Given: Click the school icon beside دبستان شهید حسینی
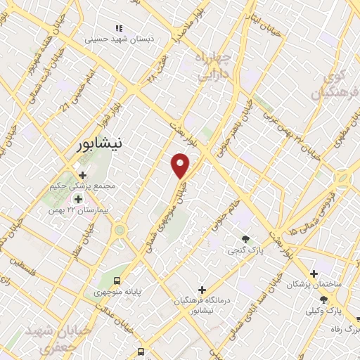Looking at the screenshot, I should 120,28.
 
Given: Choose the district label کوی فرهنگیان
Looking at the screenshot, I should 337,84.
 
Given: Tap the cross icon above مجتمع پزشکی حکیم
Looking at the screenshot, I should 82,174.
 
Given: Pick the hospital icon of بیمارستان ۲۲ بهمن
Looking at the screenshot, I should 78,199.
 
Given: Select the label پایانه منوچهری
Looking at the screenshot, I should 117,290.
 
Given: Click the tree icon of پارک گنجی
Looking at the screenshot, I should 245,239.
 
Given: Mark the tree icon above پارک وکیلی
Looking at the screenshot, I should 323,299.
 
